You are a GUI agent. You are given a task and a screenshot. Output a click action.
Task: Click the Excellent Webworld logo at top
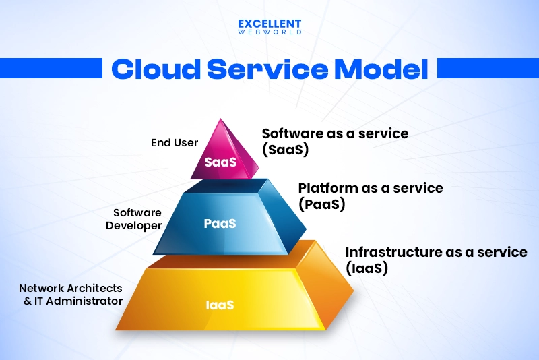269,26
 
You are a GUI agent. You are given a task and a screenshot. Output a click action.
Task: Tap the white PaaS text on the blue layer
220,223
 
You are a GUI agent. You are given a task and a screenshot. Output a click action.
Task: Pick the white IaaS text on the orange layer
220,305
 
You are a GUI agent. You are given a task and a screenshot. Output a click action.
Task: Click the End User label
175,142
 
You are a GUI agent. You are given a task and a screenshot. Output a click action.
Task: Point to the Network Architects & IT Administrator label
71,295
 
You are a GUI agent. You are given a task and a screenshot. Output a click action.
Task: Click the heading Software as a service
335,133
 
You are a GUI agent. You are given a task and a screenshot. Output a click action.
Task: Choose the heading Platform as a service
371,188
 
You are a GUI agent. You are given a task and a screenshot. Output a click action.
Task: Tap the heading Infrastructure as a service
436,252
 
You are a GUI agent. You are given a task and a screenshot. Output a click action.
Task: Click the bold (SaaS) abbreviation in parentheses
285,150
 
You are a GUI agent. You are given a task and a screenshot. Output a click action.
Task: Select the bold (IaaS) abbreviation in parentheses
367,268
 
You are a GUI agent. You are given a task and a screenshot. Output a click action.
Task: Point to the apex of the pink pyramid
220,120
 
